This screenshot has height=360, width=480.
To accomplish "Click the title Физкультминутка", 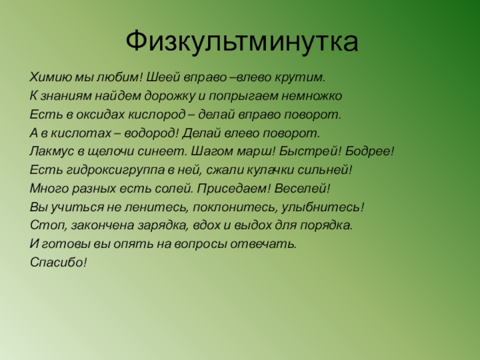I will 242,43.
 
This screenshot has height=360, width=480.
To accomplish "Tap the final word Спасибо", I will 58,263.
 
